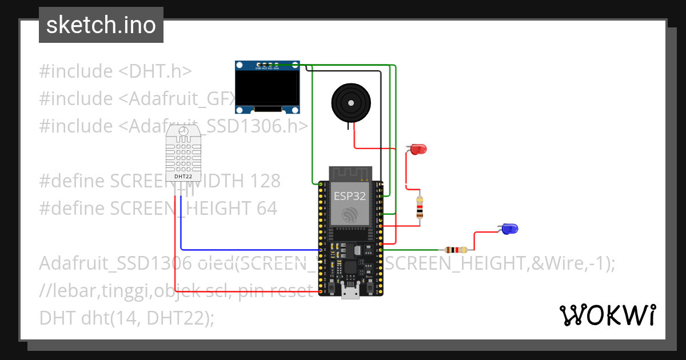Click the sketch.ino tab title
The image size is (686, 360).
pyautogui.click(x=101, y=25)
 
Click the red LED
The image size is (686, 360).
pyautogui.click(x=418, y=150)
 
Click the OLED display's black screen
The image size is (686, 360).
pyautogui.click(x=268, y=89)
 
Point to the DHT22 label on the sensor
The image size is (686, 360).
pyautogui.click(x=184, y=177)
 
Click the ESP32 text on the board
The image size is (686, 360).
pyautogui.click(x=350, y=196)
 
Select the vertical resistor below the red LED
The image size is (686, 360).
pyautogui.click(x=421, y=208)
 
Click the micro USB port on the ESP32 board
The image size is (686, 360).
pyautogui.click(x=350, y=293)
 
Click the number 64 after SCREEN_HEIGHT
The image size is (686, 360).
pyautogui.click(x=266, y=208)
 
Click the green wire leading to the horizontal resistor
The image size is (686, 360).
pyautogui.click(x=412, y=250)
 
